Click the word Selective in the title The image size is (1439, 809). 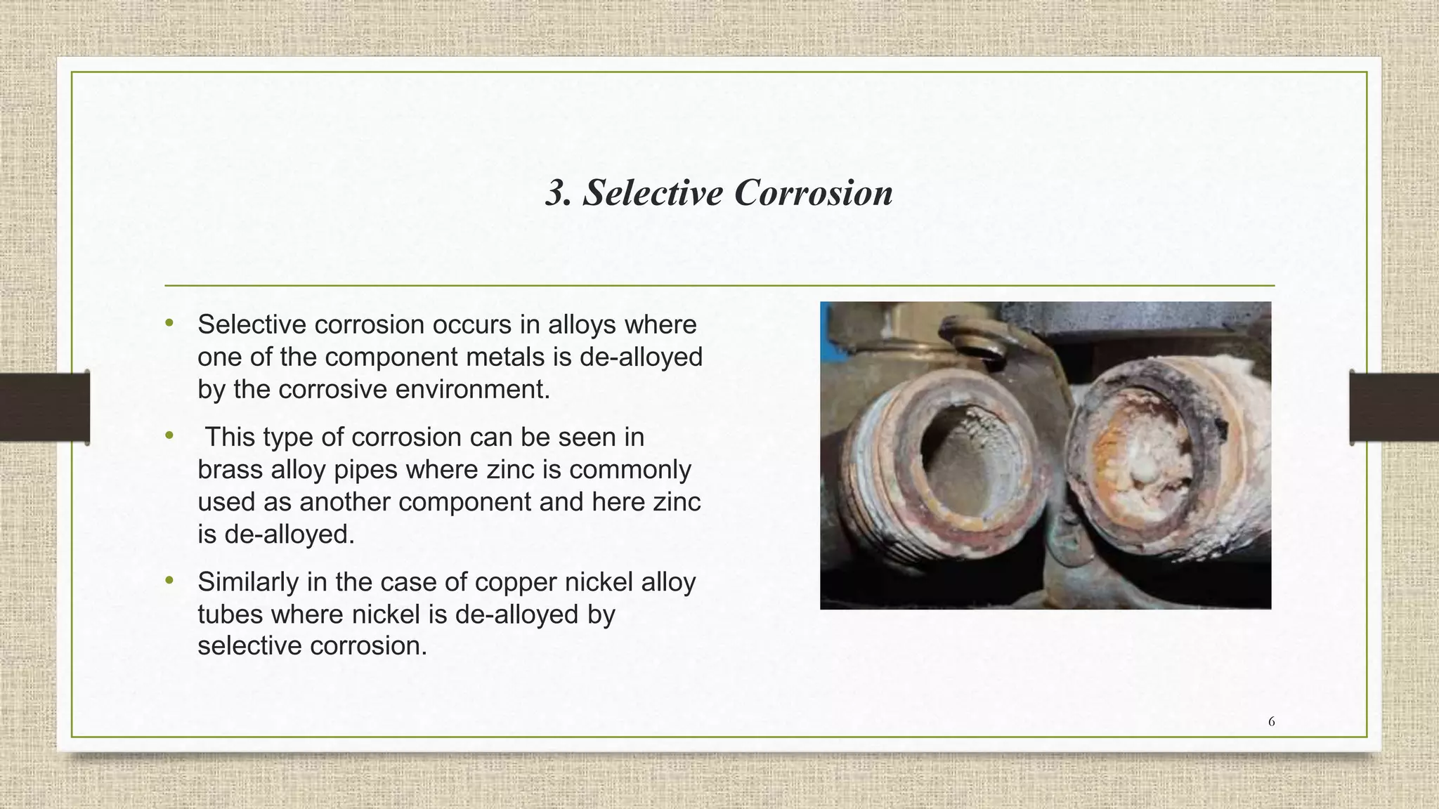[x=653, y=192]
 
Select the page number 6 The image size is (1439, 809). [x=1271, y=721]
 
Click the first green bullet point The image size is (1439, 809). [x=169, y=323]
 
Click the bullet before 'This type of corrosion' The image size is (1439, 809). [x=169, y=436]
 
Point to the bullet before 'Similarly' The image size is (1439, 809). [x=169, y=581]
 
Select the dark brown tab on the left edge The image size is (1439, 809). [x=44, y=407]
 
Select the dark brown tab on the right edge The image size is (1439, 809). [x=1394, y=407]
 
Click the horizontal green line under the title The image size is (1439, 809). [x=719, y=286]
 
